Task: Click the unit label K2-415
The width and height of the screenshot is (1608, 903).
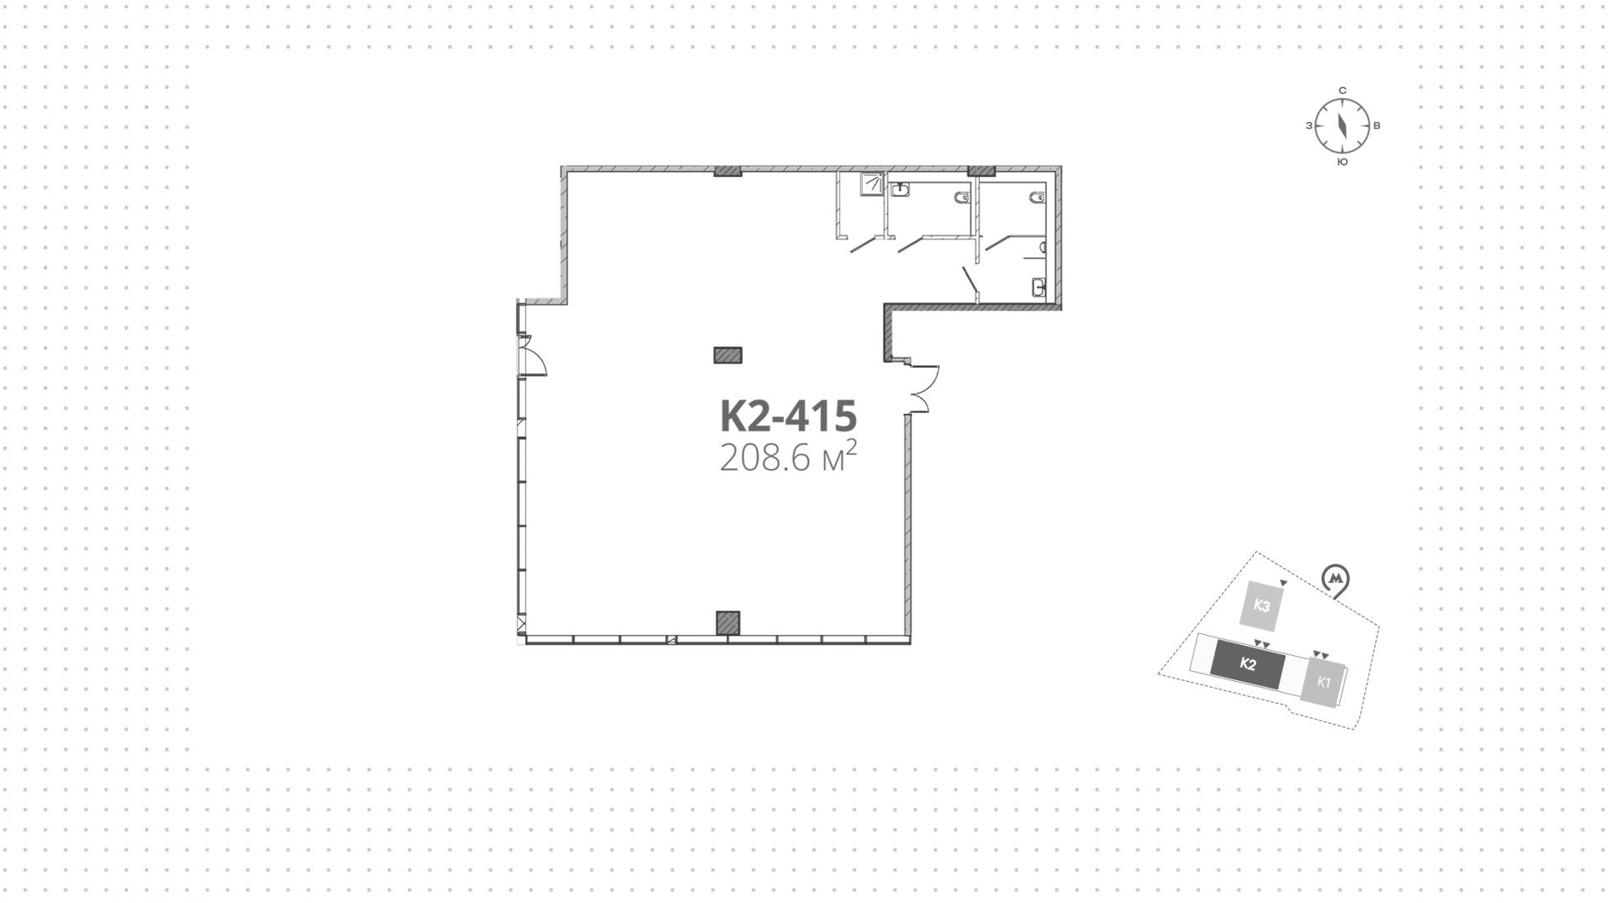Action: (x=788, y=415)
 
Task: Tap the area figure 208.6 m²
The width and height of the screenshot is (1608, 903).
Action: (x=788, y=457)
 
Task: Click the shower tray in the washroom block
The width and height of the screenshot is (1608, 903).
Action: (x=873, y=183)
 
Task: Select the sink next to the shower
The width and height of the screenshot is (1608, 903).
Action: (x=899, y=189)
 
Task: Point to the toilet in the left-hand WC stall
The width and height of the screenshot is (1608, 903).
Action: (x=961, y=199)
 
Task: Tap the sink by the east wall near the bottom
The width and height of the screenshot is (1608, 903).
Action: (x=1038, y=287)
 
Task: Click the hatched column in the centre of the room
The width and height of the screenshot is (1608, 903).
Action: (x=728, y=355)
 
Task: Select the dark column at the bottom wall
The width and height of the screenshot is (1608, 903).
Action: (x=728, y=623)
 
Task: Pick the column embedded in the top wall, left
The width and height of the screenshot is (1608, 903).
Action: (x=728, y=172)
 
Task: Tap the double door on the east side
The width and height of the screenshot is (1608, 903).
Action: (x=924, y=388)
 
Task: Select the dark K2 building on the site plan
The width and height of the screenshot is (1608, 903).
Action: (x=1247, y=665)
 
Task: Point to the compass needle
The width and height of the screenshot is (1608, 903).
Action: (x=1342, y=126)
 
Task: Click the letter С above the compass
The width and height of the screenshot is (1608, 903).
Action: (x=1342, y=90)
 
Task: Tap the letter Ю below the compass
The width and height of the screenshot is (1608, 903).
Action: (x=1342, y=163)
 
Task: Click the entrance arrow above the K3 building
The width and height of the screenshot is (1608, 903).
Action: (x=1284, y=582)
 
